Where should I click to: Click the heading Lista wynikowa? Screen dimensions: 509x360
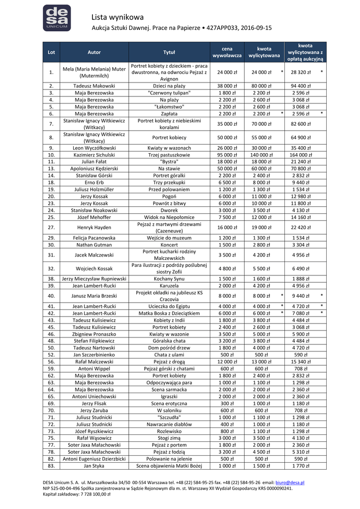click(117, 18)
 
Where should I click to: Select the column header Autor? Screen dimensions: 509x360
click(94, 52)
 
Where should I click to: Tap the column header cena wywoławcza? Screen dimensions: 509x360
click(227, 52)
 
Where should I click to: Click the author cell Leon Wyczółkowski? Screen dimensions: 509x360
click(94, 148)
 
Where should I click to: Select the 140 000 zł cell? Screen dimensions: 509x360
click(264, 155)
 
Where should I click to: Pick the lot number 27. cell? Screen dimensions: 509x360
click(51, 228)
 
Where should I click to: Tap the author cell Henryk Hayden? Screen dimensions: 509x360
click(94, 228)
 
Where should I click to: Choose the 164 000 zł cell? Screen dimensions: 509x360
click(301, 155)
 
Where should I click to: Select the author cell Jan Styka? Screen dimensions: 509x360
click(94, 466)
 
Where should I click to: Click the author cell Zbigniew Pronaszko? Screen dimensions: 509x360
click(94, 334)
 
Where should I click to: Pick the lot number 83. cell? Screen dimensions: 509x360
click(51, 466)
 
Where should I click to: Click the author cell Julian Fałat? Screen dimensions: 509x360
click(94, 162)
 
